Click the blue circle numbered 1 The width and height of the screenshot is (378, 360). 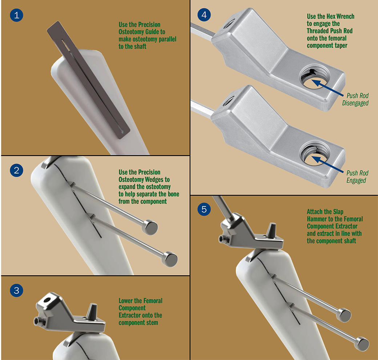16,15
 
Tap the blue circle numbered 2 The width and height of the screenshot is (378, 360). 16,170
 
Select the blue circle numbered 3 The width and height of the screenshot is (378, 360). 16,290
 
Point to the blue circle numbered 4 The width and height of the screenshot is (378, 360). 204,15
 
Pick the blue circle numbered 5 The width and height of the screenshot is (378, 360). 204,209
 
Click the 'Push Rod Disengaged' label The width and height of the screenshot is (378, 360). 355,99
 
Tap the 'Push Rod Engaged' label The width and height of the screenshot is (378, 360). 357,177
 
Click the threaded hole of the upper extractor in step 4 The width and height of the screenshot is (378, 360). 314,77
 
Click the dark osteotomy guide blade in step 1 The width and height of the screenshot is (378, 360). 88,80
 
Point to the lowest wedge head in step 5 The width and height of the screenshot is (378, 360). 362,344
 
